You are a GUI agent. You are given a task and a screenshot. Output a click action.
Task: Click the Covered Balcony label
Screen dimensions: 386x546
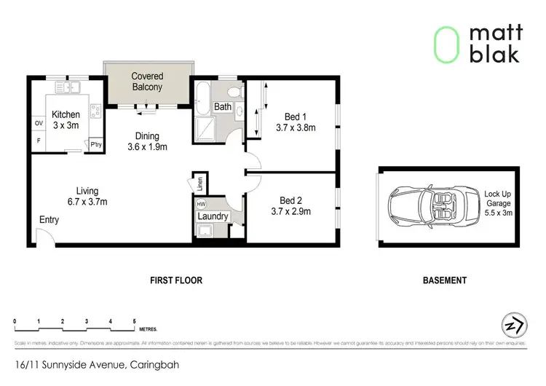click(x=147, y=82)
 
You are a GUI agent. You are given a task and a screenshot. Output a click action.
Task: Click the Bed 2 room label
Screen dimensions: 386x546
click(x=293, y=200)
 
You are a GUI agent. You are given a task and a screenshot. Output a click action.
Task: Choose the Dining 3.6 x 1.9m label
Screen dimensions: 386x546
click(x=147, y=141)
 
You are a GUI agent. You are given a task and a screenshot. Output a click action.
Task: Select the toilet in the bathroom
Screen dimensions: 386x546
click(x=234, y=92)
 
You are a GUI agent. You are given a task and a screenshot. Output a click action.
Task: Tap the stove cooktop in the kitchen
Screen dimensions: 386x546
click(x=94, y=111)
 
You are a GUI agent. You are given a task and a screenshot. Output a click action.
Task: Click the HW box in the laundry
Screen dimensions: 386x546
click(x=201, y=205)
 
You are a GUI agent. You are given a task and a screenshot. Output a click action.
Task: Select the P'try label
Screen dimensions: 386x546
click(x=95, y=145)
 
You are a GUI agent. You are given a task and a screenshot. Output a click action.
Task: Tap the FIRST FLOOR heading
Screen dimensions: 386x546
click(x=175, y=280)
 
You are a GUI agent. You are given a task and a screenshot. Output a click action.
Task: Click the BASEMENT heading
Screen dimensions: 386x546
click(x=444, y=280)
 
